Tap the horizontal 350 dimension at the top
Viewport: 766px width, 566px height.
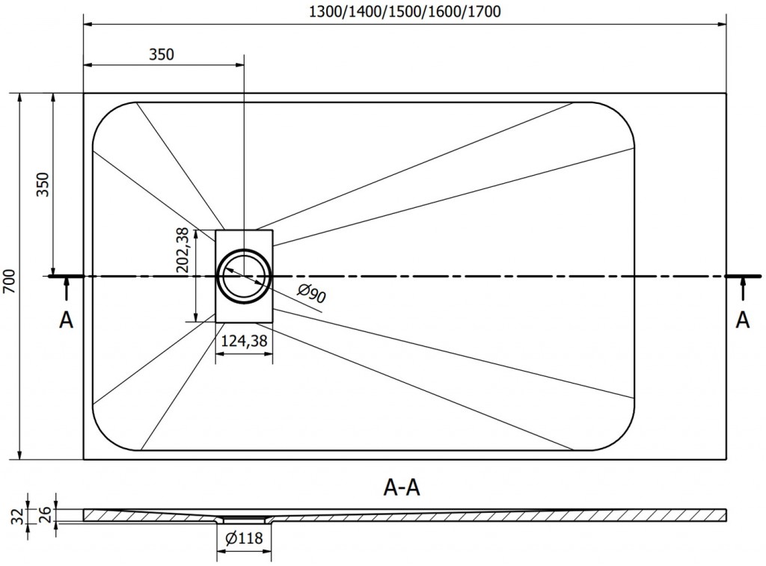(x=162, y=54)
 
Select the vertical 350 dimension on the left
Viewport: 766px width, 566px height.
(x=43, y=184)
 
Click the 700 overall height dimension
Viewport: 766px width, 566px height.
(x=8, y=278)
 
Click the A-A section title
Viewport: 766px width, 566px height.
(x=402, y=488)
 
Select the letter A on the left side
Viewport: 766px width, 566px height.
(x=67, y=320)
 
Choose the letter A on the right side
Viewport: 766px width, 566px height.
(x=742, y=319)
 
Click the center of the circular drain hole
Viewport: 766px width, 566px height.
(x=244, y=275)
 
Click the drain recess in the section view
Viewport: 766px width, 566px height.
(x=244, y=519)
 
